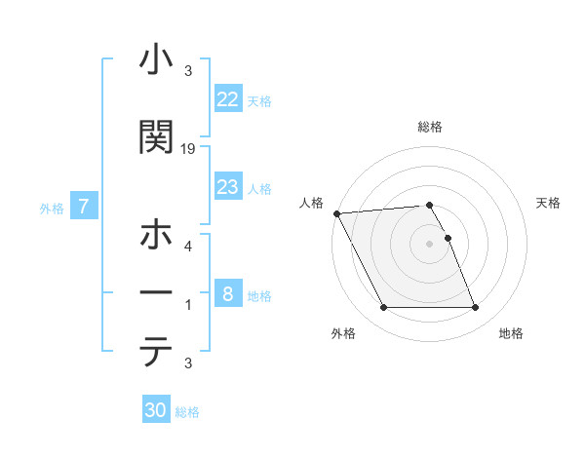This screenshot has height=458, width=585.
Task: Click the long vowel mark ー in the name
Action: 155,293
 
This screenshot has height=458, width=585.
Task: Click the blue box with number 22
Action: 228,99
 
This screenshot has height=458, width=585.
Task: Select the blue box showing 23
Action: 228,187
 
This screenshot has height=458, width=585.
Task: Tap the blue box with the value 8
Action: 228,294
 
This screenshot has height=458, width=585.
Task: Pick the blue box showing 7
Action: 85,206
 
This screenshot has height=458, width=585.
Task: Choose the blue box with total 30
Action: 156,410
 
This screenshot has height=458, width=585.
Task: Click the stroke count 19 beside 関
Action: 188,148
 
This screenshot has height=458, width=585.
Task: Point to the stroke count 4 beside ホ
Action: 188,247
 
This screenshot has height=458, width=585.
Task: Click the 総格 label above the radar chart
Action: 430,127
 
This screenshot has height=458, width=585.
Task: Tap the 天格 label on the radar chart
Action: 549,203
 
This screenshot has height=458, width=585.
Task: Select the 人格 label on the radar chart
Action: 312,203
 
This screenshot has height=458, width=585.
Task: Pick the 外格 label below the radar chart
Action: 343,333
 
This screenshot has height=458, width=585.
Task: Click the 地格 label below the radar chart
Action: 511,333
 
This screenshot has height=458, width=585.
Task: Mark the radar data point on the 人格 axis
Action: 336,213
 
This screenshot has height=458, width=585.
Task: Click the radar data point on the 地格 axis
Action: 476,308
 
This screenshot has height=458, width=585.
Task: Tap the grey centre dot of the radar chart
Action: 430,244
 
